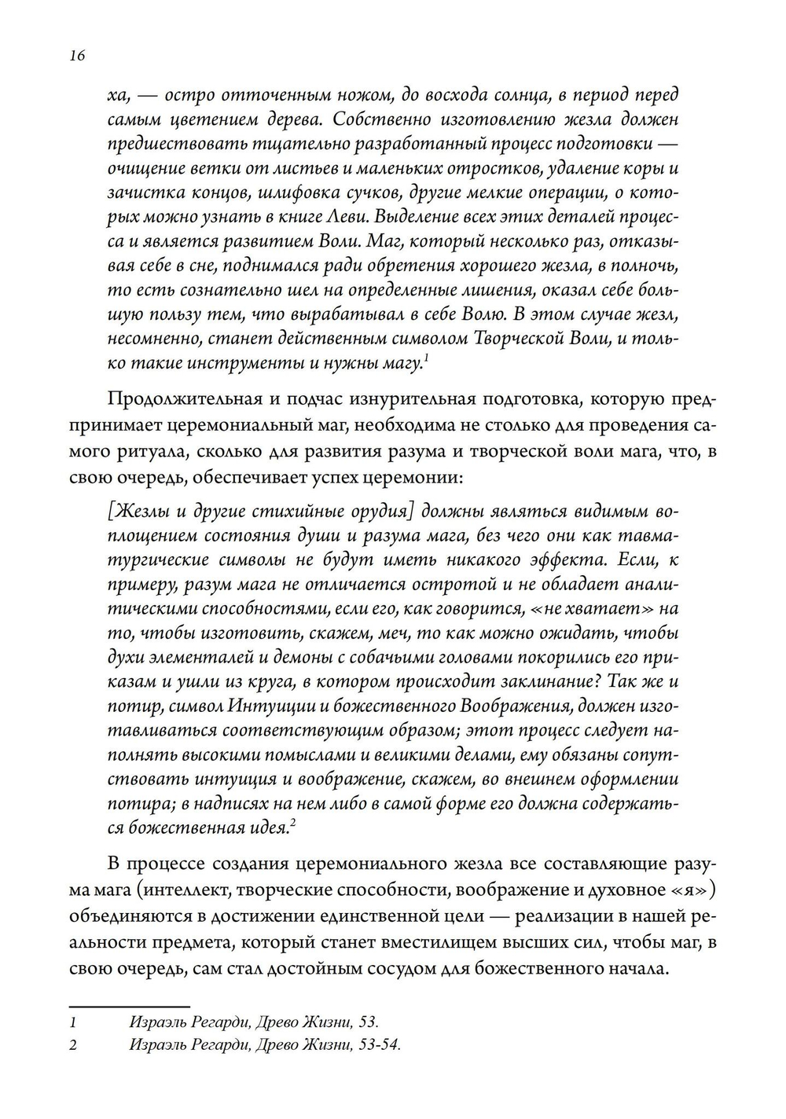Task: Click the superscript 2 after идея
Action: coord(292,823)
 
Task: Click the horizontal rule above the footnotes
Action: coord(130,1006)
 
